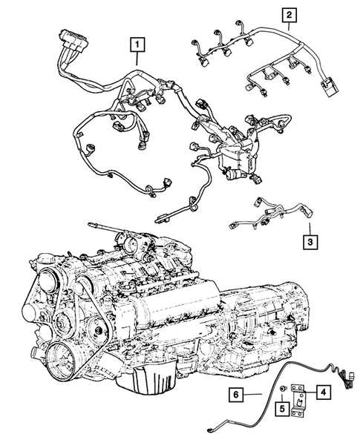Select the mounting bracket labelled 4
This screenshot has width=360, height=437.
tap(300, 401)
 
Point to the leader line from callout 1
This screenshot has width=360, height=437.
tap(136, 63)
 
